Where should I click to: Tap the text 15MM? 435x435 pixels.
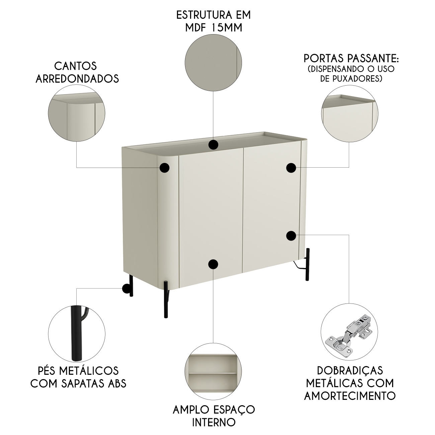pos(227,28)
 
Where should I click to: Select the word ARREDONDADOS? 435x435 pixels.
pos(77,79)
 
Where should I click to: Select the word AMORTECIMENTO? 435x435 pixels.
pos(350,396)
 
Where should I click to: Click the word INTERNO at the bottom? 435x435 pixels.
pos(214,422)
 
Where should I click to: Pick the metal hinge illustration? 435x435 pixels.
pos(349,333)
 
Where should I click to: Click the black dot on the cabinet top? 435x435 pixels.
pos(213,145)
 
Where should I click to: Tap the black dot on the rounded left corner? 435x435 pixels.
pos(164,168)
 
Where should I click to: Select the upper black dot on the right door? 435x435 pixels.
pos(291,168)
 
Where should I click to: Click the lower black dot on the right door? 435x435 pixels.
pos(291,236)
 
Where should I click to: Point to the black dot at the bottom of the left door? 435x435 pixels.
pos(213,264)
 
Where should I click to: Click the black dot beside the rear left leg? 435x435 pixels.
pos(126,288)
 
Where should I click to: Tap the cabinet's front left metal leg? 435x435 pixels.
pos(166,299)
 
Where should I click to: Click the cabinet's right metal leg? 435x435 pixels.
pos(307,264)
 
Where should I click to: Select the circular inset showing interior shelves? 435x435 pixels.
pos(213,371)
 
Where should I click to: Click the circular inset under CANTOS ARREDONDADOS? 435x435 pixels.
pos(77,113)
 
